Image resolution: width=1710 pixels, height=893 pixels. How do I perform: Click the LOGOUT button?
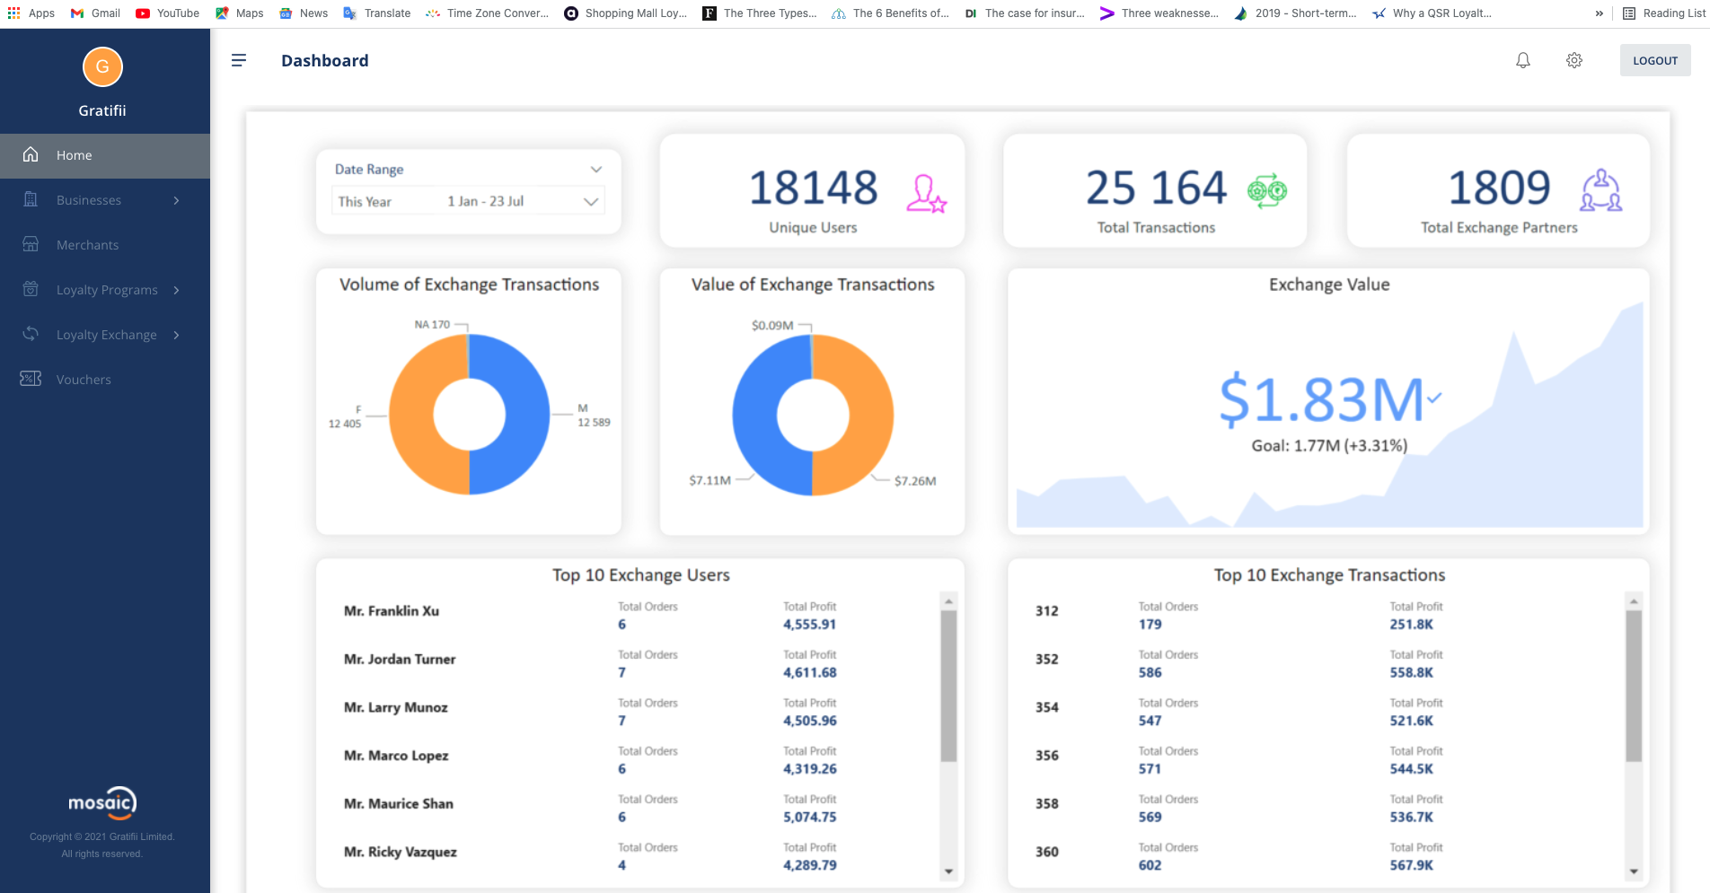tap(1654, 60)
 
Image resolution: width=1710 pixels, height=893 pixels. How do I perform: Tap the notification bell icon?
tap(1523, 60)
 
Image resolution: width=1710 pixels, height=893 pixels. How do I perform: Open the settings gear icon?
tap(1574, 60)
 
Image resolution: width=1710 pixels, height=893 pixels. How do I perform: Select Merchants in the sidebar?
tap(87, 245)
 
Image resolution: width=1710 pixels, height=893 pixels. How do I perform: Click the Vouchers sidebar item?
tap(84, 380)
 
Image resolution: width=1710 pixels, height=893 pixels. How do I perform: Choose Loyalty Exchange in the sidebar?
tap(106, 335)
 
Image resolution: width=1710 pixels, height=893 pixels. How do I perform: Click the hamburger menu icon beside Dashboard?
tap(239, 60)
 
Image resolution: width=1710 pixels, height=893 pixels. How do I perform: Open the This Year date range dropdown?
tap(468, 201)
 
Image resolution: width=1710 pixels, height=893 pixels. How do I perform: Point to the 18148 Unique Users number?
tap(813, 188)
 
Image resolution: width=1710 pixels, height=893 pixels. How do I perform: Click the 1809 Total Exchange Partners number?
tap(1499, 188)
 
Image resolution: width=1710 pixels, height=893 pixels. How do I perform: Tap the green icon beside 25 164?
tap(1267, 190)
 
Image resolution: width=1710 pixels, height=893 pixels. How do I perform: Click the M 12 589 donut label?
tap(593, 416)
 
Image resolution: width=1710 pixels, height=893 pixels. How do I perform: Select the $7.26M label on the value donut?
tap(914, 481)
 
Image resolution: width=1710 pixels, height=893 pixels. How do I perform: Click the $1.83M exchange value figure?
tap(1321, 399)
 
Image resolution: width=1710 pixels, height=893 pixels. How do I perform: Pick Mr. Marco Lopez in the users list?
tap(396, 756)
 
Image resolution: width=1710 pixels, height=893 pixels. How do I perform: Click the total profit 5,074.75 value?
tap(809, 818)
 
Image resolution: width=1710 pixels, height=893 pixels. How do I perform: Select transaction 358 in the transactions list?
tap(1047, 804)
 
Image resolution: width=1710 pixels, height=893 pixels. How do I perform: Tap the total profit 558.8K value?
tap(1411, 673)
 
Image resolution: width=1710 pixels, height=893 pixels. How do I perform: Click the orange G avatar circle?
tap(102, 66)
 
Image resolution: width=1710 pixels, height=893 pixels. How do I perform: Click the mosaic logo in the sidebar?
tap(102, 802)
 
